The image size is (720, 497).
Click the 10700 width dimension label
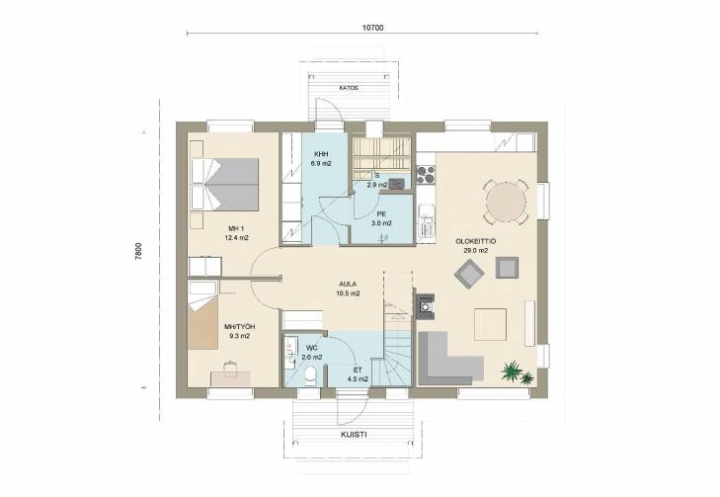[372, 28]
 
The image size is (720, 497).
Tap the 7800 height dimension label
[138, 252]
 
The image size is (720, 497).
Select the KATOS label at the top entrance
[349, 88]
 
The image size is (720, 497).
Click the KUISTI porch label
[354, 435]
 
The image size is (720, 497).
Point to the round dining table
[506, 203]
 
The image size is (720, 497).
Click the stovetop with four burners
[426, 175]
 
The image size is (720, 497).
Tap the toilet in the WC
[311, 375]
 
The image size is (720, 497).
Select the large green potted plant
[511, 372]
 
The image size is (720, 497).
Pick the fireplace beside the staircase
[426, 306]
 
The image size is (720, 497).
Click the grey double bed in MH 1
[224, 184]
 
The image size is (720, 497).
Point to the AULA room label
[348, 289]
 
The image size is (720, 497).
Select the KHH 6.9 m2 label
[321, 158]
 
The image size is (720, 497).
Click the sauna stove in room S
[397, 183]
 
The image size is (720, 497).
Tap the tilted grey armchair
[469, 275]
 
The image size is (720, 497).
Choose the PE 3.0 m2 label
[381, 218]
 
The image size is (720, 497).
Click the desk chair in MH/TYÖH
[230, 368]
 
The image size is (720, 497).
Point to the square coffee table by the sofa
[491, 324]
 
